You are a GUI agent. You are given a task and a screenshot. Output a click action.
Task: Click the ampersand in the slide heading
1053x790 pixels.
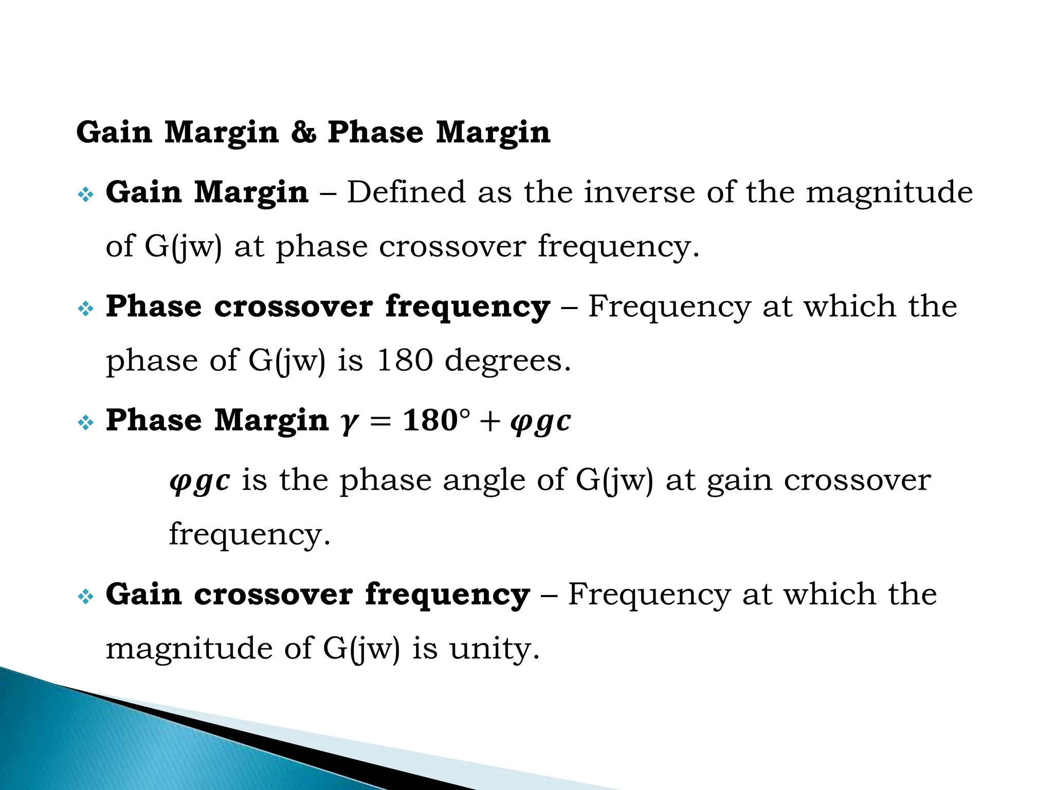click(303, 132)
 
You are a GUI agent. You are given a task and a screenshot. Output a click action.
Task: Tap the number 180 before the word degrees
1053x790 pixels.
click(405, 360)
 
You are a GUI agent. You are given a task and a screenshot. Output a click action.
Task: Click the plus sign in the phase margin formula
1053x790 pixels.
click(492, 421)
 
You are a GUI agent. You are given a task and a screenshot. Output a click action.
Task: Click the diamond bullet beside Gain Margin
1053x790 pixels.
click(85, 195)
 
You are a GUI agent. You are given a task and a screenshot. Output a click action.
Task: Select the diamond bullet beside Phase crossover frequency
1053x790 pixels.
click(85, 309)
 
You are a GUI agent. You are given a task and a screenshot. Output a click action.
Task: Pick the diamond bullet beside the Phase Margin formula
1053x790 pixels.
click(85, 423)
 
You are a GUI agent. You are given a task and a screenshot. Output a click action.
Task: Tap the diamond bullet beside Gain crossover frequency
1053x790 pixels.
click(85, 597)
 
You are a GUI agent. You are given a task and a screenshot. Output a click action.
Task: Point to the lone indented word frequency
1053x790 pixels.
click(249, 535)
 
